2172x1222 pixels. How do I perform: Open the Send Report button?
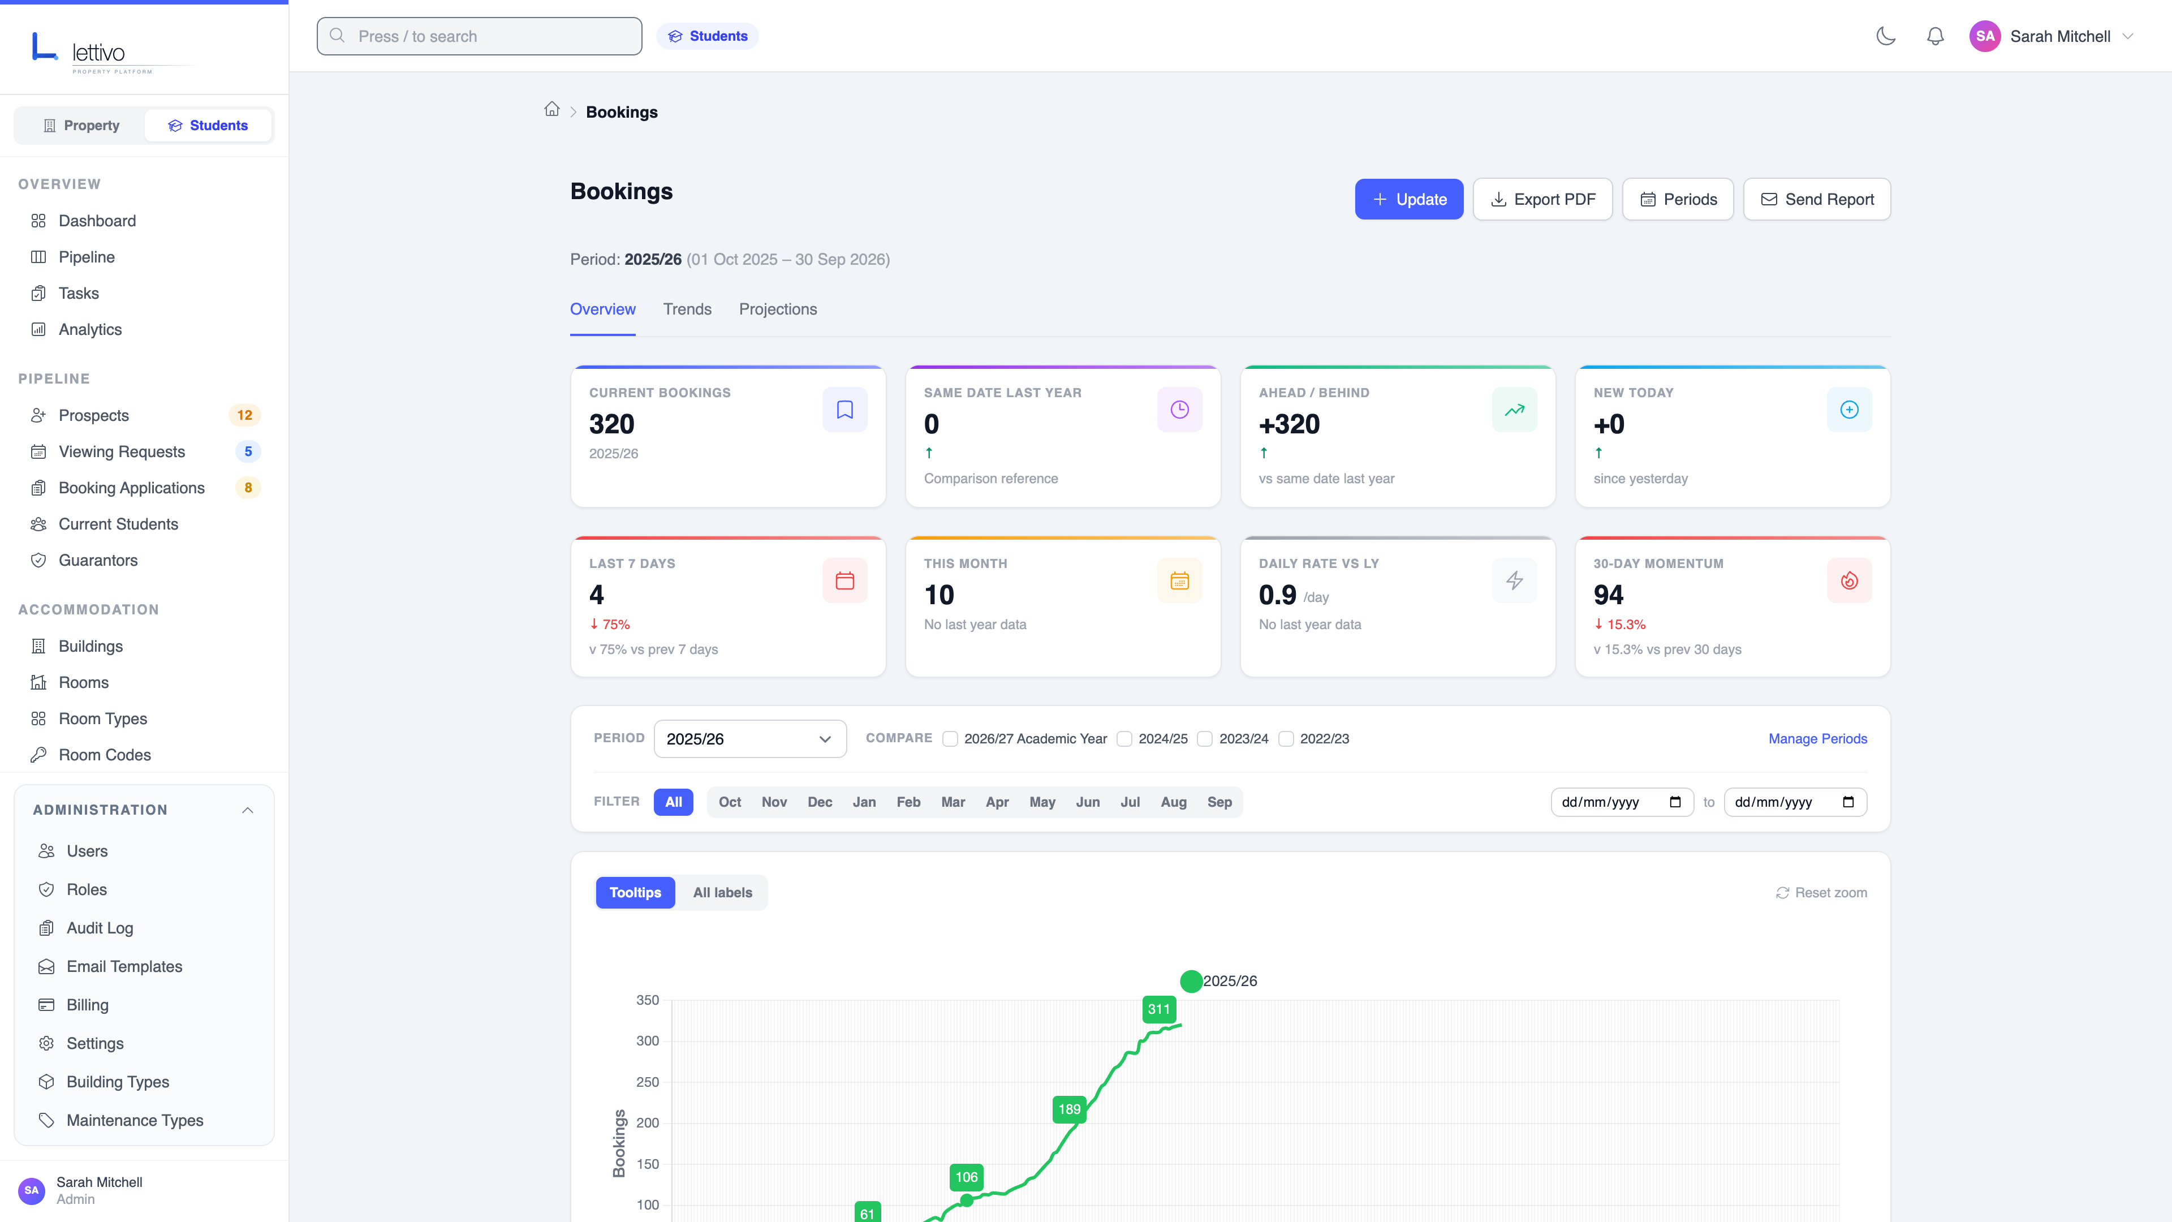pos(1816,199)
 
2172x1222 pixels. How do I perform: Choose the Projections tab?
pos(777,309)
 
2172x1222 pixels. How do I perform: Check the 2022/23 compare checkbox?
pos(1286,739)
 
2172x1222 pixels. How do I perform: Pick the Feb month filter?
pos(907,802)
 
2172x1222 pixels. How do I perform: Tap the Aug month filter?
pos(1173,802)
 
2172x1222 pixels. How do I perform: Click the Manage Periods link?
pos(1817,739)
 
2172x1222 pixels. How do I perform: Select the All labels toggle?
pos(722,892)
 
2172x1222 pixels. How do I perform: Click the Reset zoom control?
pos(1821,892)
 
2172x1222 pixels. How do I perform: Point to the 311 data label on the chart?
pos(1158,1009)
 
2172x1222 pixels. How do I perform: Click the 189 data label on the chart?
pos(1068,1109)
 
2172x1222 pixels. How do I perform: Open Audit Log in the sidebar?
pos(100,928)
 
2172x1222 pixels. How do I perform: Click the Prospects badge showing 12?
pos(244,415)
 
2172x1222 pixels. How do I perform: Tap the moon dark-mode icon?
pos(1885,36)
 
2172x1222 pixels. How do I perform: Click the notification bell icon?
pos(1935,36)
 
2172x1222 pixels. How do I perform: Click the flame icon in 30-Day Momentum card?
pos(1848,580)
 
